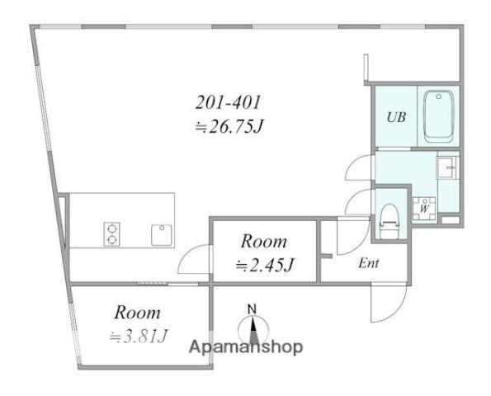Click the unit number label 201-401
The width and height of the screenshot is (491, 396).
click(228, 102)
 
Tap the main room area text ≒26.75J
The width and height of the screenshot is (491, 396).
click(229, 127)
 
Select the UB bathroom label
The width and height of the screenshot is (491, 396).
click(396, 117)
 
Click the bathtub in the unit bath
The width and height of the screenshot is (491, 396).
click(438, 116)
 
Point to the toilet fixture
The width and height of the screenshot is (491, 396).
click(389, 221)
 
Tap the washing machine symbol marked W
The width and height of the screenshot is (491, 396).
click(424, 208)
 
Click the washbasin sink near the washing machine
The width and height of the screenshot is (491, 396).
click(447, 167)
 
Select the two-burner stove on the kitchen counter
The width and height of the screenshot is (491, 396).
click(111, 234)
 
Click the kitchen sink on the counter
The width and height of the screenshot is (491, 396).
click(161, 235)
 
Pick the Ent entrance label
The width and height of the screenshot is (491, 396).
click(369, 263)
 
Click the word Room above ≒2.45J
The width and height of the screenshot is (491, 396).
click(264, 242)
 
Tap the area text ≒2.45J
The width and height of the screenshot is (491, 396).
click(265, 266)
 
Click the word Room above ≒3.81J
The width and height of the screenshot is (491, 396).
click(138, 313)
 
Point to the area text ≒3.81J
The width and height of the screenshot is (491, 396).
click(139, 337)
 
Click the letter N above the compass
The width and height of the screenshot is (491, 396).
click(252, 309)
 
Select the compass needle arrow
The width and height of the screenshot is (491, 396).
click(253, 330)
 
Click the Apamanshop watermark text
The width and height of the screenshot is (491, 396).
click(246, 347)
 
